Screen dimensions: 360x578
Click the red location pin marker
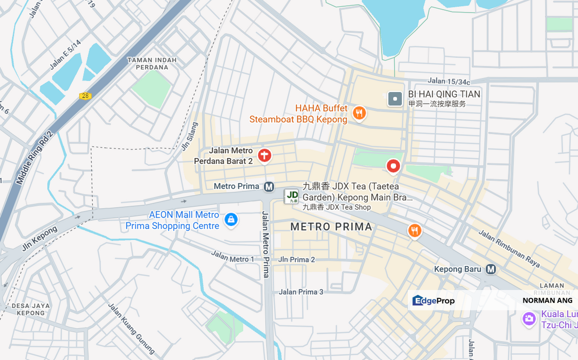pyautogui.click(x=393, y=165)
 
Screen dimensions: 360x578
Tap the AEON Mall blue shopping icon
pyautogui.click(x=231, y=219)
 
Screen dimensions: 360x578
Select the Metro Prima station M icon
pyautogui.click(x=269, y=186)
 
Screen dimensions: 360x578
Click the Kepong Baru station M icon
pyautogui.click(x=491, y=269)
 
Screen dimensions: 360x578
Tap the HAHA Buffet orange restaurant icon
pyautogui.click(x=359, y=113)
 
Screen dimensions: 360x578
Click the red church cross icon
pyautogui.click(x=264, y=155)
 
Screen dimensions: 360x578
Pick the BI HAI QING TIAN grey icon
pyautogui.click(x=395, y=99)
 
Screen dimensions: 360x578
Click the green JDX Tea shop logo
pyautogui.click(x=291, y=196)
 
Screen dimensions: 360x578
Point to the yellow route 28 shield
pyautogui.click(x=85, y=96)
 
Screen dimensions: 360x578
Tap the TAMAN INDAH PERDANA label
pyautogui.click(x=152, y=63)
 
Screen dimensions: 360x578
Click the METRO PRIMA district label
pyautogui.click(x=331, y=227)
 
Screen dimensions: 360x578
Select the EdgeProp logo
pyautogui.click(x=433, y=300)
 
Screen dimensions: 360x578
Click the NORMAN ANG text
pyautogui.click(x=547, y=300)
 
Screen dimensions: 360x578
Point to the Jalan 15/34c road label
pyautogui.click(x=449, y=81)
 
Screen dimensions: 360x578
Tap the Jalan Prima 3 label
pyautogui.click(x=301, y=292)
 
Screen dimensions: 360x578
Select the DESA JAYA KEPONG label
pyautogui.click(x=31, y=309)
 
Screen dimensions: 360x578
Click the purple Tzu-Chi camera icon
pyautogui.click(x=529, y=318)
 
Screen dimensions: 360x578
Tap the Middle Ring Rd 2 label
pyautogui.click(x=34, y=157)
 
